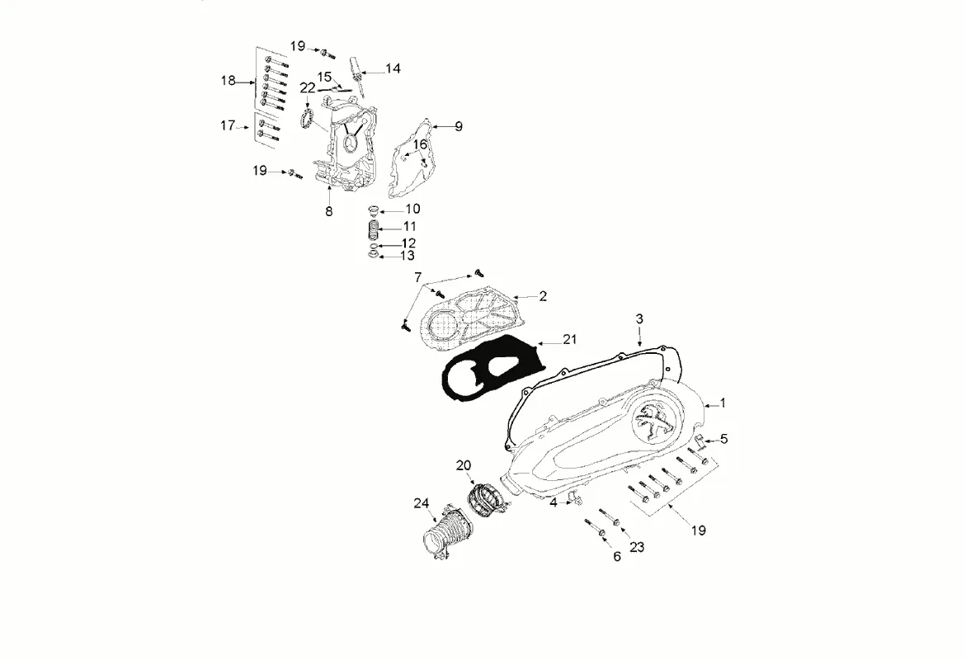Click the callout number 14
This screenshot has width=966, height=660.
[x=393, y=69]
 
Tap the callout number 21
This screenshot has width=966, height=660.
[x=570, y=339]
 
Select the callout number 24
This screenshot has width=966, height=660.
[x=422, y=503]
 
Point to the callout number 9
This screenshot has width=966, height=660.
[x=458, y=126]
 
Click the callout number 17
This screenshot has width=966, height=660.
[x=228, y=126]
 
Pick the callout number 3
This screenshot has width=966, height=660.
[x=639, y=318]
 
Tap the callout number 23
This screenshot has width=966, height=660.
[x=636, y=546]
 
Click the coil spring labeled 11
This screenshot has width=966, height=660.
[x=373, y=227]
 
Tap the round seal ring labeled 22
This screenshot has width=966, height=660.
[x=306, y=118]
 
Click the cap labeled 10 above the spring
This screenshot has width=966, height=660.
[x=372, y=209]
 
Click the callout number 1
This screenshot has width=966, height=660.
[x=723, y=403]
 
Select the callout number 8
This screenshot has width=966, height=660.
[x=328, y=211]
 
